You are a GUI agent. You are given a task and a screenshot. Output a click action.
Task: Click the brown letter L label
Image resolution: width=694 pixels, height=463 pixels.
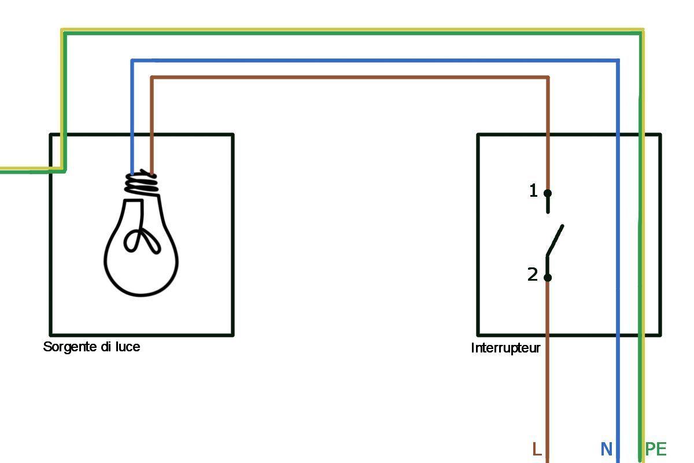click(537, 449)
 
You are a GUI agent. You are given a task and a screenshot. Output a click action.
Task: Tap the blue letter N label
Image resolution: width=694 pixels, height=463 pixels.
click(606, 449)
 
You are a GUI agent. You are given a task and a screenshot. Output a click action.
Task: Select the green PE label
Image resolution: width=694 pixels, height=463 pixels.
click(656, 449)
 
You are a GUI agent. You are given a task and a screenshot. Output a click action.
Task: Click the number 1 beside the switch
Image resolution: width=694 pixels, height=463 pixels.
click(533, 190)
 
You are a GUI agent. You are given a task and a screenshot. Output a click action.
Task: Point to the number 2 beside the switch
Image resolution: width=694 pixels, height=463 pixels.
click(533, 275)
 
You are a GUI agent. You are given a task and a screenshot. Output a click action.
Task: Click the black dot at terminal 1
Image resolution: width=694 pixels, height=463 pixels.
click(548, 193)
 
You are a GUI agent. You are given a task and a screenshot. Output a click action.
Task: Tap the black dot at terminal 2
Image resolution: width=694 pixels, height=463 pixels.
click(548, 278)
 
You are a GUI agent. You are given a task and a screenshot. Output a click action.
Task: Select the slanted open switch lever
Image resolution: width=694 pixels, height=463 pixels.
click(555, 240)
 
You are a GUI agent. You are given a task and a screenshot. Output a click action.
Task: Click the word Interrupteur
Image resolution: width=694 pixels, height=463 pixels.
click(505, 348)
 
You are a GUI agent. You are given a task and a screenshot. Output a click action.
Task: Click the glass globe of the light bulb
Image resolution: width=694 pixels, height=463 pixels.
click(141, 260)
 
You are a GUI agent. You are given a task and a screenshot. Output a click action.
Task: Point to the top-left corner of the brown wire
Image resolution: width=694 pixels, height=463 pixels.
click(152, 77)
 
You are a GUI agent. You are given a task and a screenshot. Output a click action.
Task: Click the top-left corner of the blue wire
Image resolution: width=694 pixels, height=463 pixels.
click(132, 60)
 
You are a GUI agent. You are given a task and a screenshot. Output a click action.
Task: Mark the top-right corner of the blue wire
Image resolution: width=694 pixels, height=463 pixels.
click(618, 60)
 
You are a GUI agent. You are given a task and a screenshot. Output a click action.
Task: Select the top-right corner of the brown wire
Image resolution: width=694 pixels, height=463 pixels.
click(548, 77)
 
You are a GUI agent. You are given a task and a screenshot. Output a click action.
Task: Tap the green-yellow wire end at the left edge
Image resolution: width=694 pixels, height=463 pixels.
click(2, 170)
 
